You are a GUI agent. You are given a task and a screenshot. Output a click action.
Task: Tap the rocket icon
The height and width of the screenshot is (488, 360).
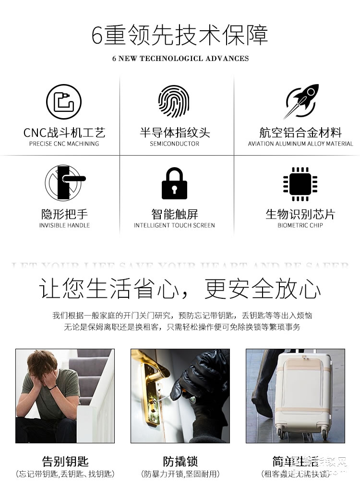point(301,101)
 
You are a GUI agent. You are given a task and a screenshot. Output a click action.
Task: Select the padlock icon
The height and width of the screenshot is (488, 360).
point(174,183)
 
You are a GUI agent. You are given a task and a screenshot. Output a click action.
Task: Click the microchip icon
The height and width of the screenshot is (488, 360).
point(300,183)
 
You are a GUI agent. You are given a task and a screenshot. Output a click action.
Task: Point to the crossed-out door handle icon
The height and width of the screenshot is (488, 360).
point(65,183)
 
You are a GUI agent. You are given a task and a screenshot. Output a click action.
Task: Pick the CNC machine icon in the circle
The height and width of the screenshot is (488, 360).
point(64,102)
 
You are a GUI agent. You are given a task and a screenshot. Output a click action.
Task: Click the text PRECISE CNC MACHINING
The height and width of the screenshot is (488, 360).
point(64,144)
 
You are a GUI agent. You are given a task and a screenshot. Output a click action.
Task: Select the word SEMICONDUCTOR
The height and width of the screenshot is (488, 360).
point(174,144)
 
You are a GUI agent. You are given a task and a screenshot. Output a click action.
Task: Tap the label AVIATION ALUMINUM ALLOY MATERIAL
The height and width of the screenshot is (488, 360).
point(300,144)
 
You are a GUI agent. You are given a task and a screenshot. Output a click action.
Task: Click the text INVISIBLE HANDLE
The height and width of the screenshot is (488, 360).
point(64,225)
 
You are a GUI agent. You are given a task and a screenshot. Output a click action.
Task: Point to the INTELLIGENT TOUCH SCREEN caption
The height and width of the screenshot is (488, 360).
point(174,225)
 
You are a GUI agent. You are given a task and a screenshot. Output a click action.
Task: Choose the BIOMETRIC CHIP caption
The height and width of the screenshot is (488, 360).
point(300,225)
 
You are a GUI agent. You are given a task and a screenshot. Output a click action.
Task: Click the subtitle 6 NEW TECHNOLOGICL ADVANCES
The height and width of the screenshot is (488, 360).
point(180,59)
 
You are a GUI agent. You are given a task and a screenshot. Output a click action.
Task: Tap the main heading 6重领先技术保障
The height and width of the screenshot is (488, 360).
point(180,36)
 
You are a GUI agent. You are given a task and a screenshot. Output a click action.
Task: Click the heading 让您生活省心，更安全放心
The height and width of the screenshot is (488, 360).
point(180,289)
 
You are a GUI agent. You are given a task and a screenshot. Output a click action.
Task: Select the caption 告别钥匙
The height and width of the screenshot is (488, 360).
point(65,461)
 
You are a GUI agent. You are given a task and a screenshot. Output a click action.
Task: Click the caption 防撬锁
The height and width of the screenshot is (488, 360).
point(180,461)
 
